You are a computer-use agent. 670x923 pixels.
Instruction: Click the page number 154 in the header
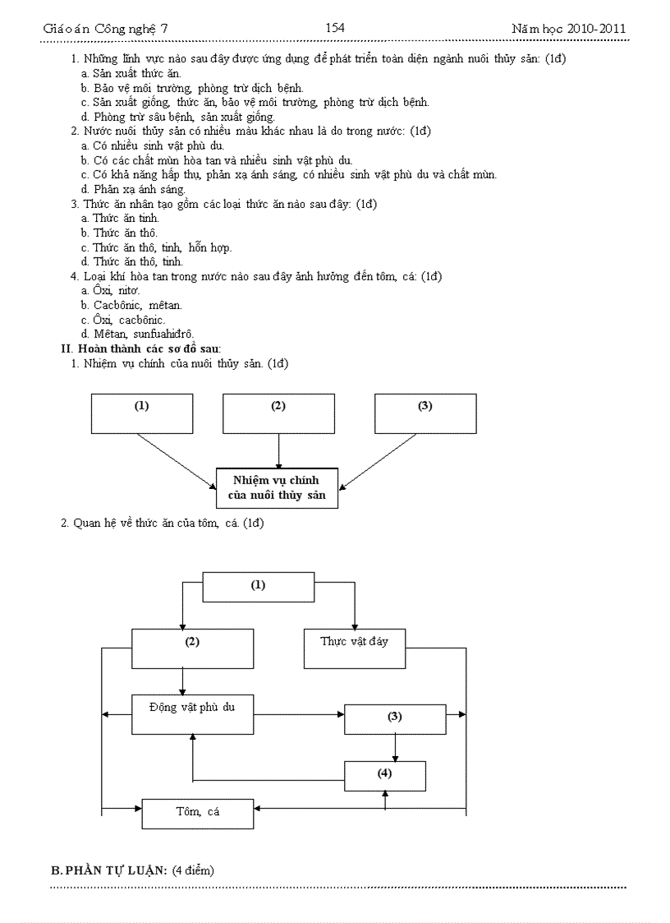tap(334, 28)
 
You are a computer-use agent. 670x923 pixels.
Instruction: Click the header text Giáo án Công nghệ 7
tap(105, 29)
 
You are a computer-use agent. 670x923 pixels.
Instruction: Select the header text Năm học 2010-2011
tap(568, 29)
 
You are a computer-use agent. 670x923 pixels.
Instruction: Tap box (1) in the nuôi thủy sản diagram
tap(142, 413)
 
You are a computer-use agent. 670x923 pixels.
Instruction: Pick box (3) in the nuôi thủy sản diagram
tap(424, 413)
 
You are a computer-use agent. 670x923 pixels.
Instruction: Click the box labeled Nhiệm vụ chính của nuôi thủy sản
tap(278, 487)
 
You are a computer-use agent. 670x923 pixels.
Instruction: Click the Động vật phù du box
tap(192, 714)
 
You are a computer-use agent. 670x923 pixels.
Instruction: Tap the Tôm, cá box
tap(197, 813)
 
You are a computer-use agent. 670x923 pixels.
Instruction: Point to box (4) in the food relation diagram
tap(384, 775)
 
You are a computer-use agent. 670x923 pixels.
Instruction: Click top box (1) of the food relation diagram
tap(258, 587)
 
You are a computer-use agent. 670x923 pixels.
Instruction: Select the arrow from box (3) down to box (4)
tap(396, 747)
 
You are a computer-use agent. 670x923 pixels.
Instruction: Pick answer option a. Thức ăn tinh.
tap(120, 218)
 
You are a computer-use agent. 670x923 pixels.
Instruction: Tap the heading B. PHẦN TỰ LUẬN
tap(132, 870)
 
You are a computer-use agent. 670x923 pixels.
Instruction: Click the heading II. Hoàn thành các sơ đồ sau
tap(141, 348)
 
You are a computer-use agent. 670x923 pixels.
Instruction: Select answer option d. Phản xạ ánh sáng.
tap(133, 189)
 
